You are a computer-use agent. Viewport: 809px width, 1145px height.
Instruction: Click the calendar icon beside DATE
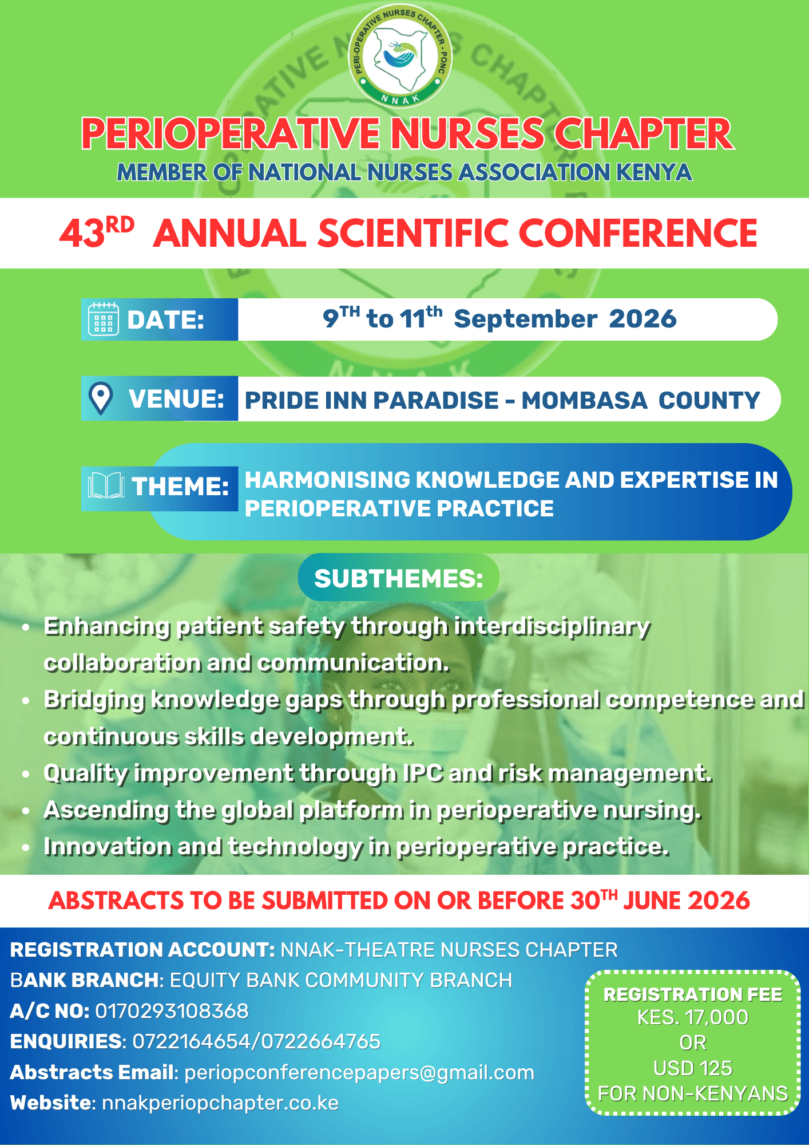[104, 319]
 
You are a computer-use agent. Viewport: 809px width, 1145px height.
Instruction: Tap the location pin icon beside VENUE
[101, 398]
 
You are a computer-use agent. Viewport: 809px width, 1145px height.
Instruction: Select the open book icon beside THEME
[106, 486]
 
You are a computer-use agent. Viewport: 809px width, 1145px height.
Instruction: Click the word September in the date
[525, 319]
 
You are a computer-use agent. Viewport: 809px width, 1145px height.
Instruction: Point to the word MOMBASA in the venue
[584, 400]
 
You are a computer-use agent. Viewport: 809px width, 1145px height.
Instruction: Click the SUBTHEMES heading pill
[399, 578]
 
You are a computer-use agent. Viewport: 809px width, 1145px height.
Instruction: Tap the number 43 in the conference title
[82, 234]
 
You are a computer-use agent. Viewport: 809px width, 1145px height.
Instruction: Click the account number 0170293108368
[172, 1011]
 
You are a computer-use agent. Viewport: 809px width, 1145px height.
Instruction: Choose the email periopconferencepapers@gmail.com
[359, 1073]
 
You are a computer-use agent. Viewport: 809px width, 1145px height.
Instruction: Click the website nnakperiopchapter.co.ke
[220, 1103]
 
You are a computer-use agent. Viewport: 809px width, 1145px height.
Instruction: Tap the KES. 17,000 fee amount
[693, 1017]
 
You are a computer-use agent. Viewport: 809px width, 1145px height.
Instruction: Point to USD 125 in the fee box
[693, 1068]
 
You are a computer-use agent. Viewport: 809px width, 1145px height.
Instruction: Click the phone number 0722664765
[321, 1041]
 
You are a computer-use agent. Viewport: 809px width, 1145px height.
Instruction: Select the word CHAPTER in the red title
[644, 134]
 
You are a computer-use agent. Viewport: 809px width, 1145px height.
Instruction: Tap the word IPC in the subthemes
[423, 773]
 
